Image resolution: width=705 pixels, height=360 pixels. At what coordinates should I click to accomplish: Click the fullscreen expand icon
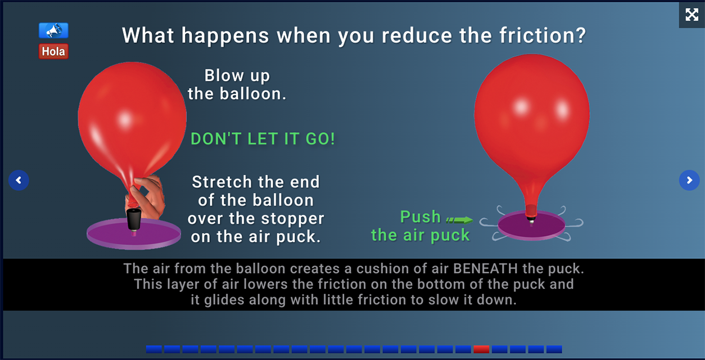tap(691, 15)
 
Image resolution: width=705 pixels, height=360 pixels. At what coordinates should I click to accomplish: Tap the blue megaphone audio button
tap(53, 31)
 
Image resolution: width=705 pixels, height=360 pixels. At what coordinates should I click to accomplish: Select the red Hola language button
tap(53, 51)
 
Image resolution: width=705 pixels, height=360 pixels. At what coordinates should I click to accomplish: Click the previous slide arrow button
tap(19, 180)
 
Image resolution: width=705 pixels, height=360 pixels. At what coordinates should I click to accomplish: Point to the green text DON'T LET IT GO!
tap(263, 139)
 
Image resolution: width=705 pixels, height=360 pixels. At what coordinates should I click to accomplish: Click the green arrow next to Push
tap(459, 220)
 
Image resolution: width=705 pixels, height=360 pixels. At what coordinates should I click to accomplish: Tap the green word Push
tap(420, 217)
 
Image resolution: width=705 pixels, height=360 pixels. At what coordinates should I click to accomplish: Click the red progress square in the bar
tap(481, 349)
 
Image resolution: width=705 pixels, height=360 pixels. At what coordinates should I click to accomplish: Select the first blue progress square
tap(154, 349)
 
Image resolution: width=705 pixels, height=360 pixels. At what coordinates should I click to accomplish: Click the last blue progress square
tap(554, 349)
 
